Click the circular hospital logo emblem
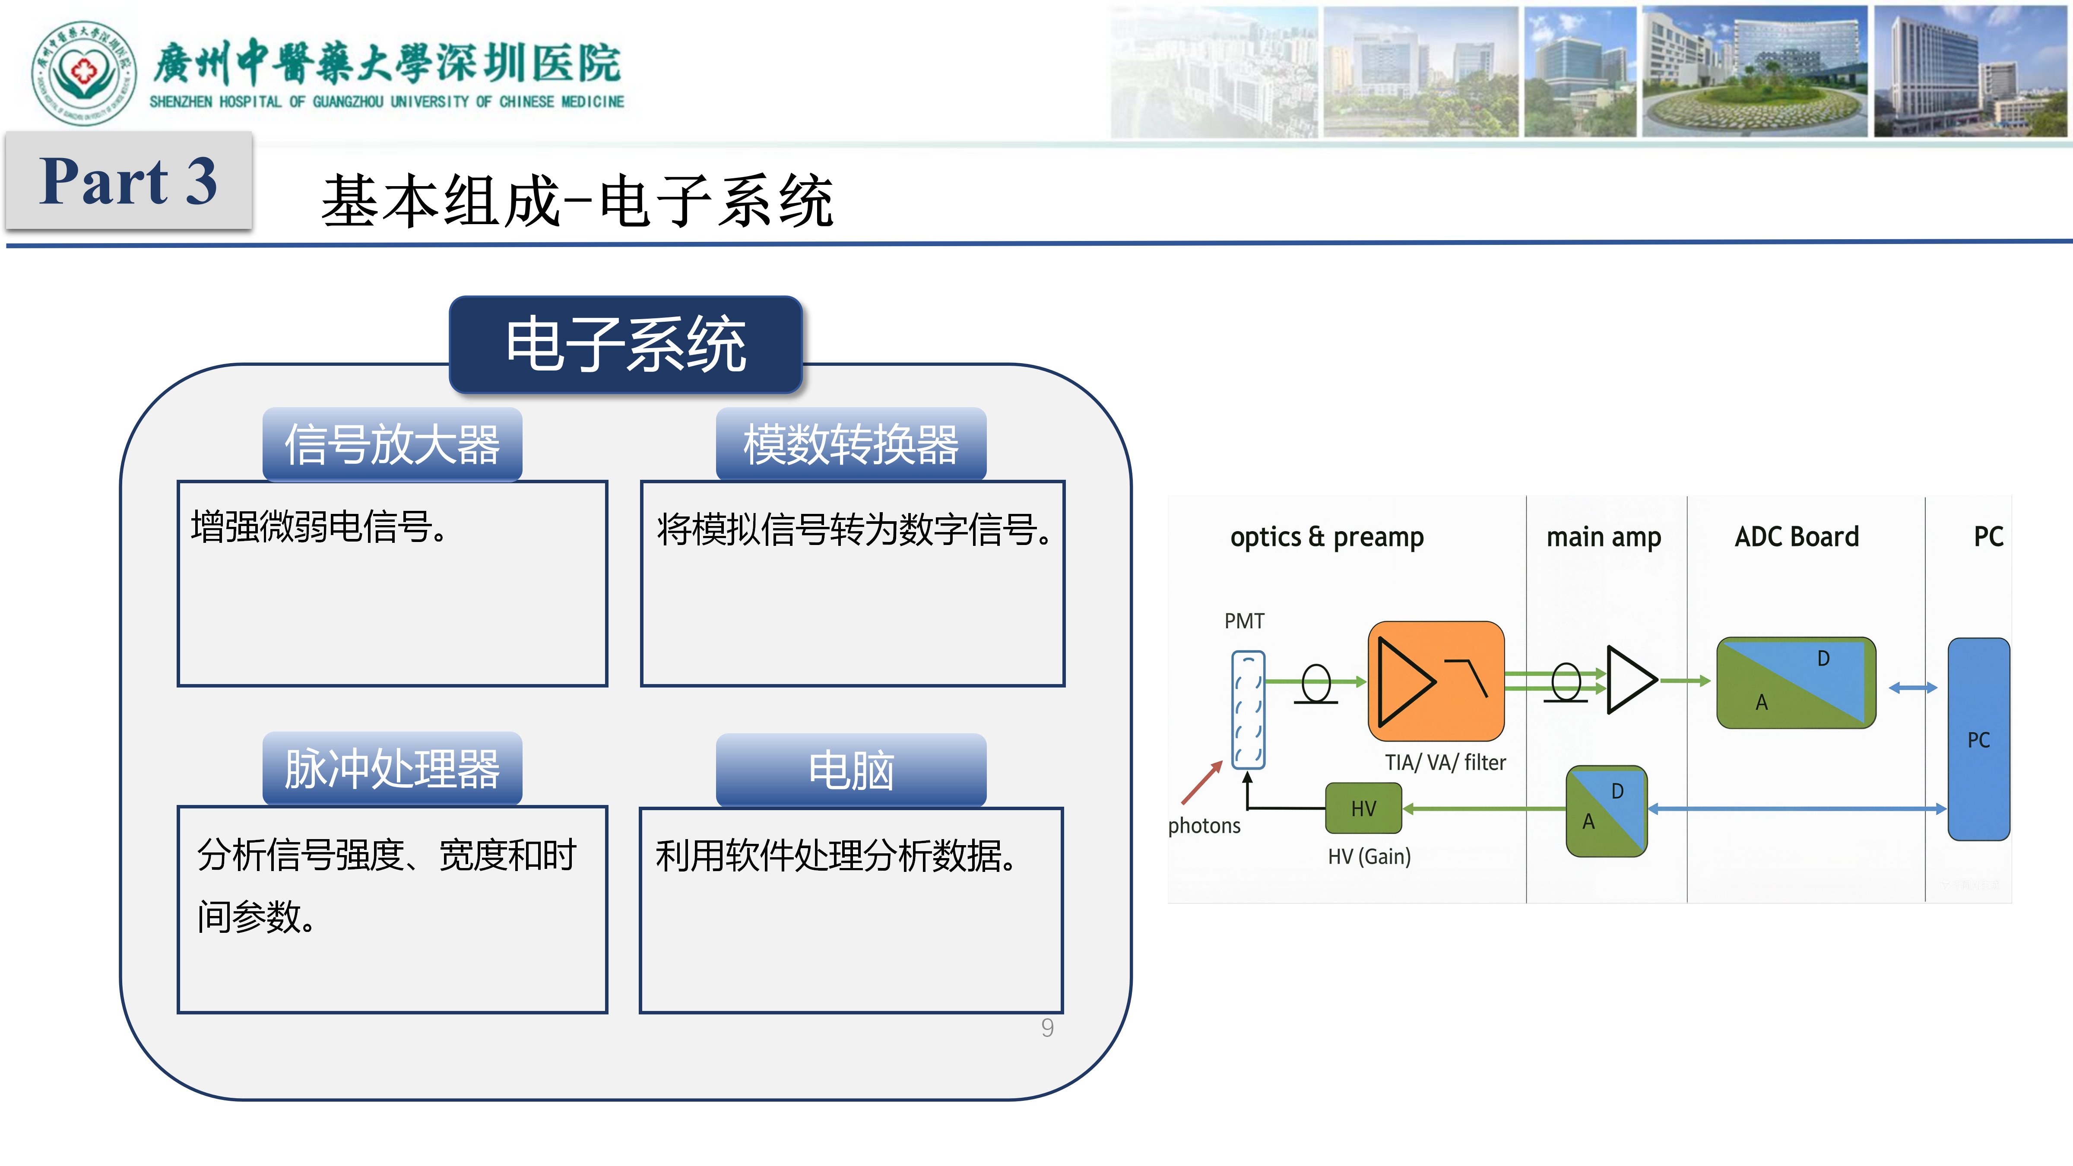[x=84, y=73]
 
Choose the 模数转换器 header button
[x=851, y=444]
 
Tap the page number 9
[x=1047, y=1028]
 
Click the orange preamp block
[x=1436, y=681]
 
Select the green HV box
[x=1363, y=808]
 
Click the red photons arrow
[x=1201, y=783]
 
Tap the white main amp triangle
[x=1628, y=680]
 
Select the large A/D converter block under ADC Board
[x=1795, y=682]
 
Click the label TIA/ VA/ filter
[x=1445, y=762]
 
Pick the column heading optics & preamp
[x=1326, y=537]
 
